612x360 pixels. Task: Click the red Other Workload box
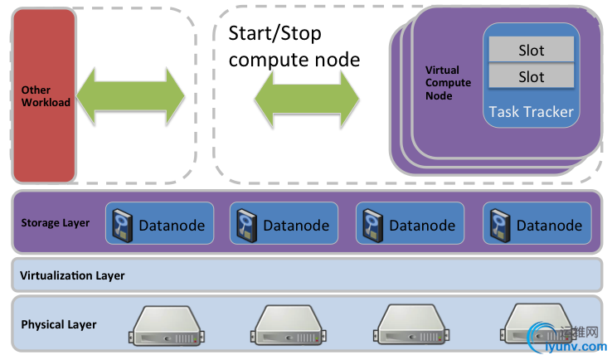click(x=43, y=95)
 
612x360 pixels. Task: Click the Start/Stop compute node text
click(x=294, y=46)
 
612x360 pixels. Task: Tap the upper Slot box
click(x=531, y=50)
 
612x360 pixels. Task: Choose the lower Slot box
click(x=531, y=76)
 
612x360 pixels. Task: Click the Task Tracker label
click(x=531, y=112)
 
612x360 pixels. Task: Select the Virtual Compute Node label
click(x=448, y=83)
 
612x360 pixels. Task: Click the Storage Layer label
click(x=56, y=223)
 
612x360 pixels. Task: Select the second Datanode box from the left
click(x=282, y=225)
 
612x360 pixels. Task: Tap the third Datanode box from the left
click(x=408, y=225)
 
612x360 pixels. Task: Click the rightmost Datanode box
click(x=535, y=225)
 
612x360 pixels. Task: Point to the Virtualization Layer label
click(x=72, y=275)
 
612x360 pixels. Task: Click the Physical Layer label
click(x=59, y=324)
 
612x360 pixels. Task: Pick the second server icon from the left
click(x=289, y=324)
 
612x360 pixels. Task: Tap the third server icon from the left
click(x=414, y=324)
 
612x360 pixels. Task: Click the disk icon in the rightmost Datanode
click(x=499, y=225)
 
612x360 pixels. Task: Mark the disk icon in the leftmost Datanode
click(x=121, y=225)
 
